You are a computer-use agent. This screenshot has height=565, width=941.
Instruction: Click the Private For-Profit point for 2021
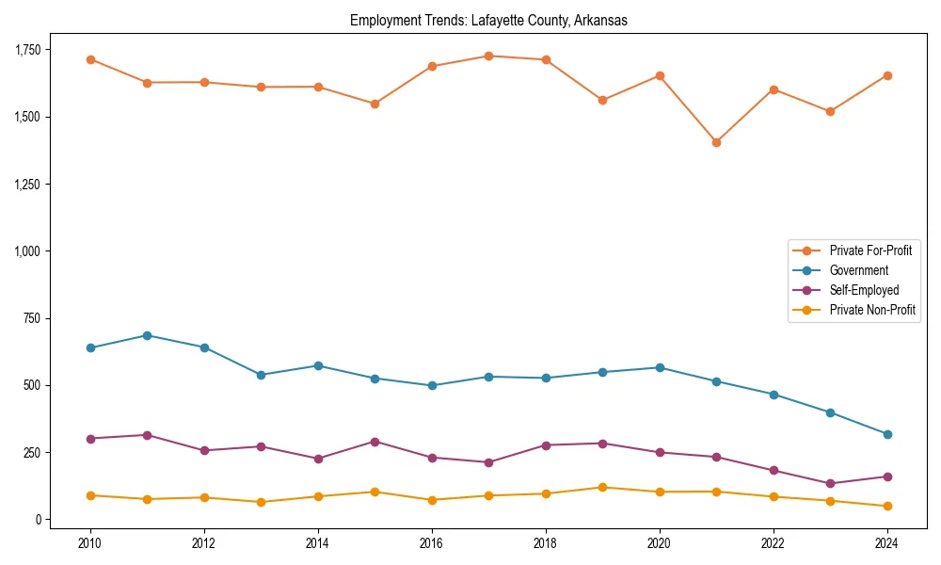pyautogui.click(x=716, y=142)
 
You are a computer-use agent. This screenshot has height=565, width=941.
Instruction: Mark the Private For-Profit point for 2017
pyautogui.click(x=488, y=56)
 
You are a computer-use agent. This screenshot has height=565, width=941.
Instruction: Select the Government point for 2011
pyautogui.click(x=148, y=335)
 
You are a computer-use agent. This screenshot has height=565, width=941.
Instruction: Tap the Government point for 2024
pyautogui.click(x=887, y=434)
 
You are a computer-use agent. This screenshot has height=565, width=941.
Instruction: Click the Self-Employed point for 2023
pyautogui.click(x=830, y=484)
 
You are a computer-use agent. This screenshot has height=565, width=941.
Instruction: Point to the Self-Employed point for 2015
pyautogui.click(x=375, y=442)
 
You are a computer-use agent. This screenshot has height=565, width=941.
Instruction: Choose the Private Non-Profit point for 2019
pyautogui.click(x=602, y=487)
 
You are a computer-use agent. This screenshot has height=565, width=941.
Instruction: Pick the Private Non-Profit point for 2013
pyautogui.click(x=261, y=502)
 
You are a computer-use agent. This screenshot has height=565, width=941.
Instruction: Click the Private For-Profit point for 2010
pyautogui.click(x=90, y=59)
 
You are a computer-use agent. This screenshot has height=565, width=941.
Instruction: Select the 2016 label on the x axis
pyautogui.click(x=431, y=543)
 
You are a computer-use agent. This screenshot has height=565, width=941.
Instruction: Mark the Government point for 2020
pyautogui.click(x=660, y=367)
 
